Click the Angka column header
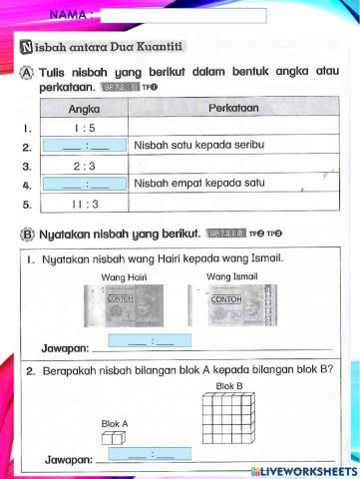tap(83, 109)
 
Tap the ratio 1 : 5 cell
tap(83, 128)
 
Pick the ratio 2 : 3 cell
tap(83, 166)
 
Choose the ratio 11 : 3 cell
tap(83, 205)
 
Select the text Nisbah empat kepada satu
tap(193, 185)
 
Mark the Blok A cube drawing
tap(115, 439)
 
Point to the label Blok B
tap(229, 385)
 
